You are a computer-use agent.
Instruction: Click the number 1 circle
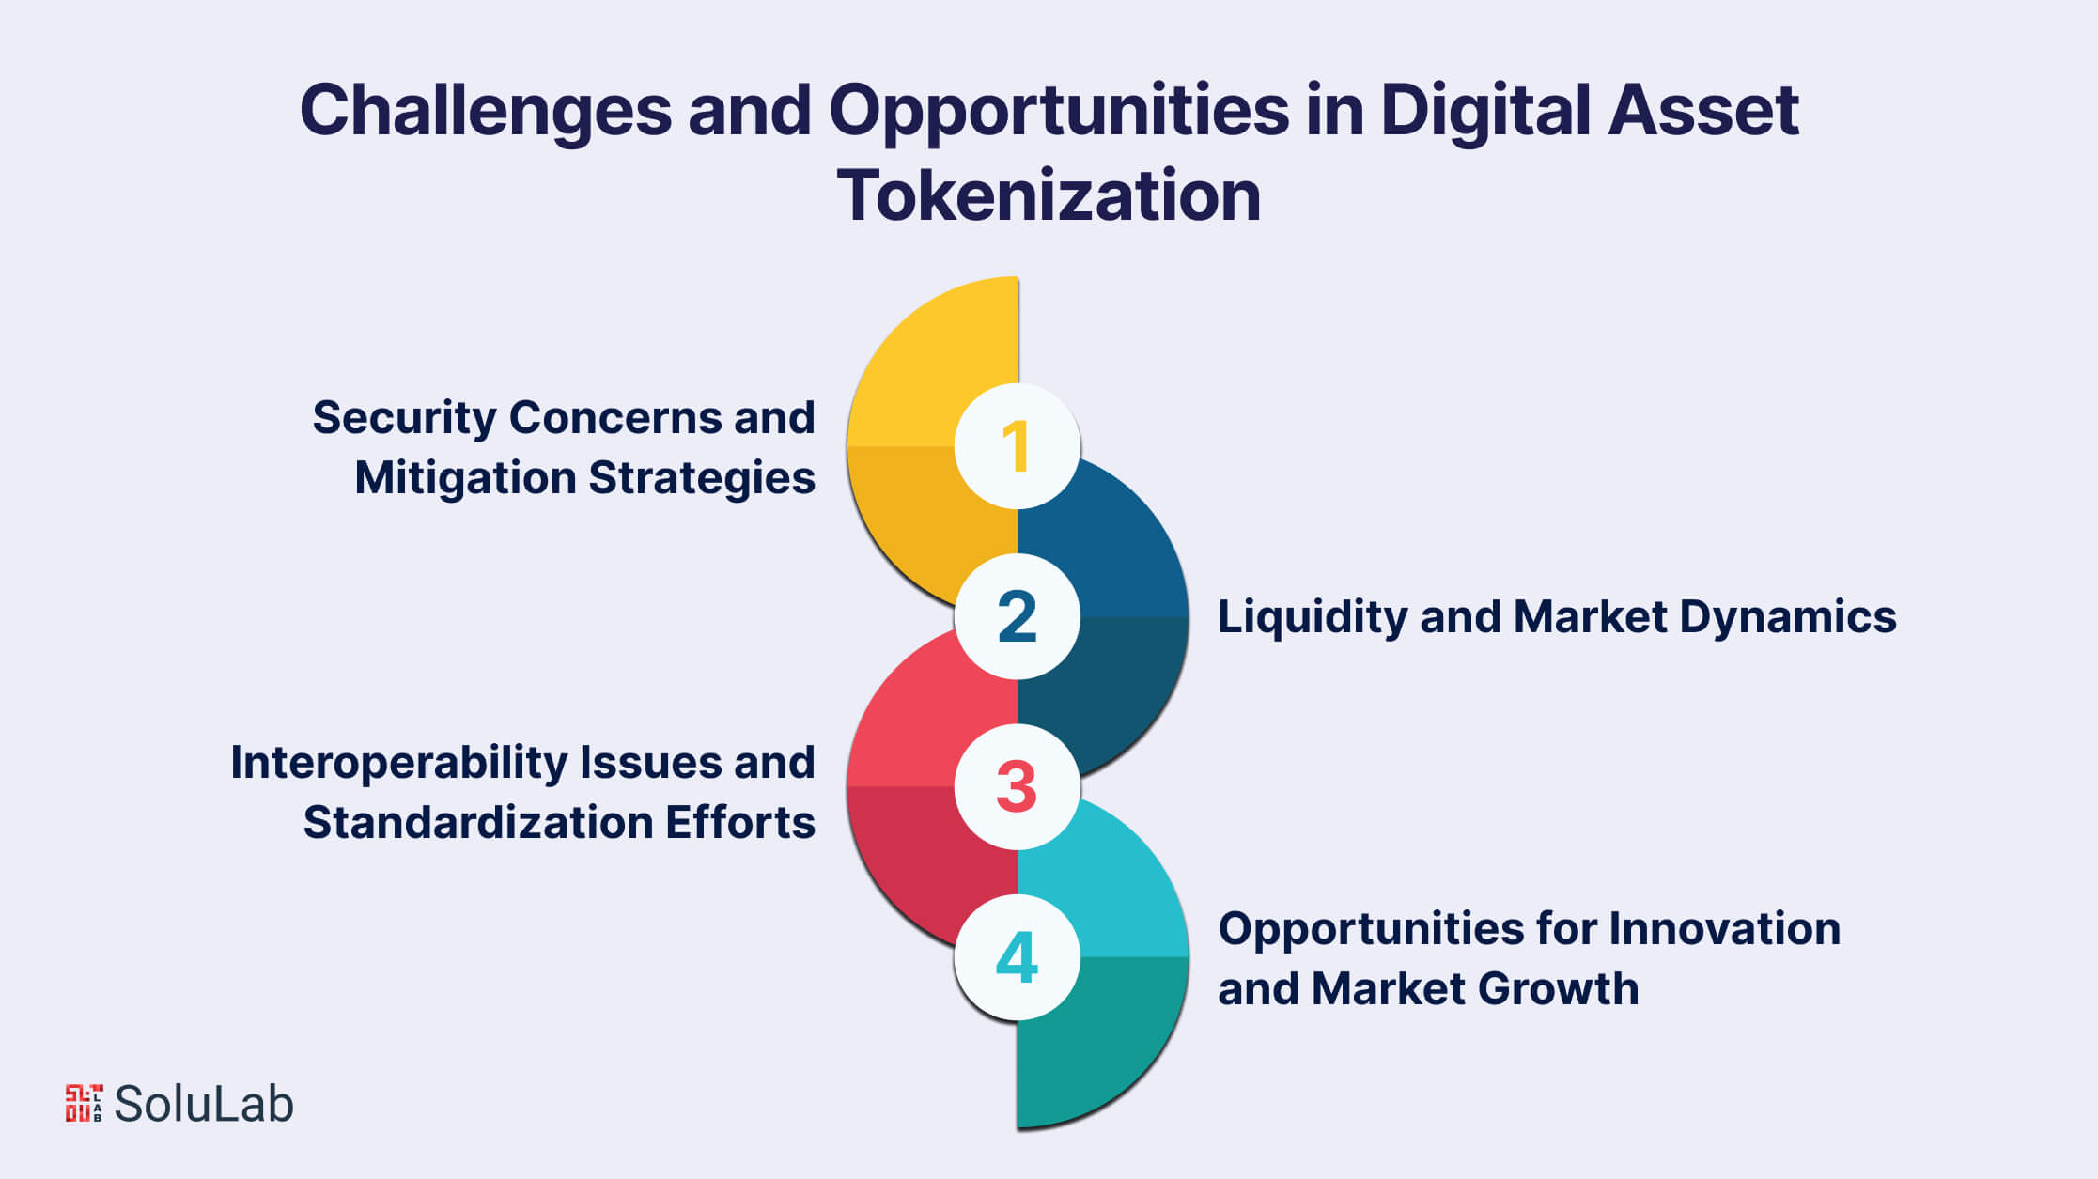(1017, 445)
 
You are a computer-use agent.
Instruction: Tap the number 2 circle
(1017, 616)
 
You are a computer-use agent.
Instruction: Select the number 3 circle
(1017, 786)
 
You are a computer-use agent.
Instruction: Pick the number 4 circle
(1017, 957)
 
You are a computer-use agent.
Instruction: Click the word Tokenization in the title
(1049, 195)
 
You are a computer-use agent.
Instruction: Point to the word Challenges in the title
(485, 111)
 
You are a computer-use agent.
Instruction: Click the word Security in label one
(404, 418)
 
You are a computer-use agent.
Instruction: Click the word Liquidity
(1311, 617)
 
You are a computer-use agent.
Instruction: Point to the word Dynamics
(1787, 617)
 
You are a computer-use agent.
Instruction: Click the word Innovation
(1724, 929)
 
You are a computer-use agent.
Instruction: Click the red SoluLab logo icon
(84, 1103)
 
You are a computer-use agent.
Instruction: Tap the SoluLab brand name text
(204, 1104)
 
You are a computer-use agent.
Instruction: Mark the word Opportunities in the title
(1058, 111)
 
